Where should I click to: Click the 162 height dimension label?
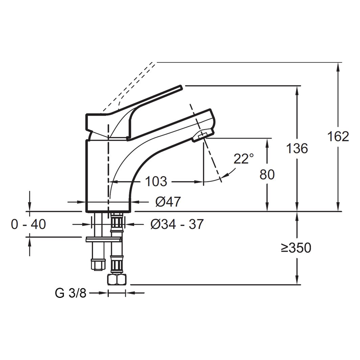point(338,137)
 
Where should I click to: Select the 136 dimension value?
point(297,148)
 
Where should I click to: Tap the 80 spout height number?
point(267,174)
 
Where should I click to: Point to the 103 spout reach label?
point(156,182)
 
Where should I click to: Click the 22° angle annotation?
point(243,159)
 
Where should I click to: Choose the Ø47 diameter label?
point(168,202)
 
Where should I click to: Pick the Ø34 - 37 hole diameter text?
point(177,224)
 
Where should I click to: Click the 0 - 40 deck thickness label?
point(28,224)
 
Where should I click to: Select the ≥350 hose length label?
point(296,248)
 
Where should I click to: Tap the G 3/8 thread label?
point(71,293)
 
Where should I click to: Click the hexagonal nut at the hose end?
point(117,279)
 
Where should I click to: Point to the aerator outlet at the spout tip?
point(203,135)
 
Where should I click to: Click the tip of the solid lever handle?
point(182,87)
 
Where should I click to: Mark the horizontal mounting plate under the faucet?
point(103,240)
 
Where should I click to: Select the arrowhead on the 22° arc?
point(226,175)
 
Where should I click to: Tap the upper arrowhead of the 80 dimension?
point(267,142)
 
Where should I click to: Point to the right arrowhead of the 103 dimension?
point(199,182)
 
